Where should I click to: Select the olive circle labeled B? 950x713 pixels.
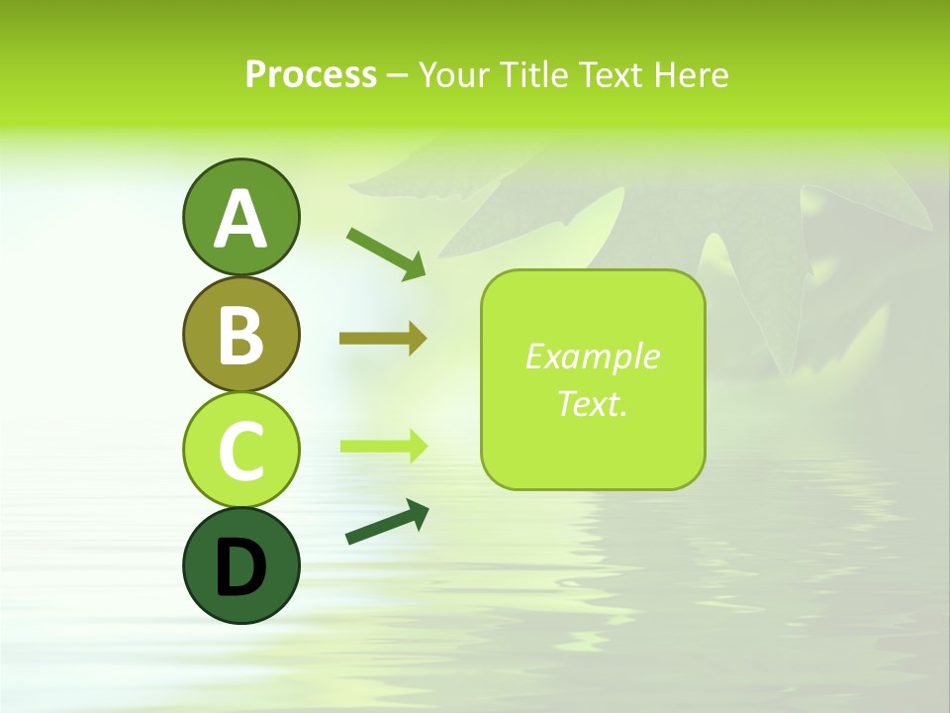(240, 334)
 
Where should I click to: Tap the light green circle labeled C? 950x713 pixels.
(240, 450)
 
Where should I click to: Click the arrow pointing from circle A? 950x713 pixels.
(386, 254)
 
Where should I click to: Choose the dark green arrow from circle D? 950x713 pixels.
(387, 522)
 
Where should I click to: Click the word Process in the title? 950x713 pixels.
(311, 74)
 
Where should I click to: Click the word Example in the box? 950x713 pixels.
(592, 356)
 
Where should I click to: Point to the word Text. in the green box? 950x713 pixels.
(592, 403)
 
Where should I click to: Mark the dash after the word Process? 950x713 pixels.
(398, 75)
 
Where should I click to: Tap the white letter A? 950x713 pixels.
(240, 220)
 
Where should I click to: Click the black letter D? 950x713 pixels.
(240, 567)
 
